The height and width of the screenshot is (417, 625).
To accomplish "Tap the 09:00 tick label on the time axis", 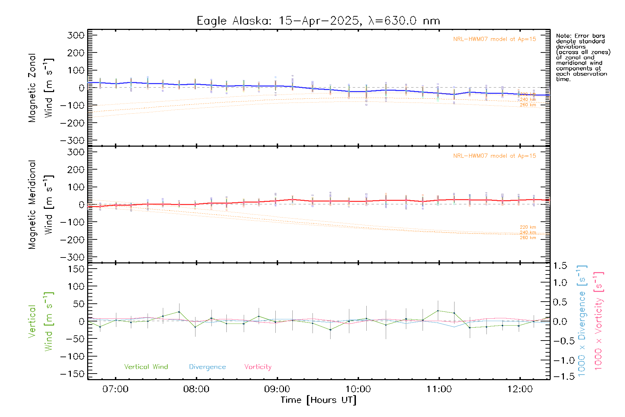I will point(277,389).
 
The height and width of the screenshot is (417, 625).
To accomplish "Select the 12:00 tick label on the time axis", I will point(520,389).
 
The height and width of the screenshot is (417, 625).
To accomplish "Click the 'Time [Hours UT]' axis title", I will point(318,400).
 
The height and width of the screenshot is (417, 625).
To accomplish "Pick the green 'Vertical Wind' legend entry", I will point(146,367).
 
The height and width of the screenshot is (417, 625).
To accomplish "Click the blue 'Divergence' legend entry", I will point(207,367).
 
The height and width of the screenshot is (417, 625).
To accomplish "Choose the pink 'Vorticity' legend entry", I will point(258,367).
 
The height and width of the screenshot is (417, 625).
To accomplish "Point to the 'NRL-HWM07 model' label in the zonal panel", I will point(494,39).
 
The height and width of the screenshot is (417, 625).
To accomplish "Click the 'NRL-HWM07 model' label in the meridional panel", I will point(494,156).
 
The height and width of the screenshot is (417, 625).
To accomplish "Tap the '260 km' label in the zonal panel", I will point(528,105).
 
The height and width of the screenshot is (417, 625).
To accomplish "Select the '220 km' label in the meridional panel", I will point(528,227).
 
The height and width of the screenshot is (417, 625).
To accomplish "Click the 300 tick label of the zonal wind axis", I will point(76,35).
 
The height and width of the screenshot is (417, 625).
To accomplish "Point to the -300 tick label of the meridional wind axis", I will point(72,257).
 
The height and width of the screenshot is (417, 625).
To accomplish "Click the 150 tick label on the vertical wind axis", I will point(76,269).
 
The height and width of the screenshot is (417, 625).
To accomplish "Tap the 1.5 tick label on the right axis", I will point(560,266).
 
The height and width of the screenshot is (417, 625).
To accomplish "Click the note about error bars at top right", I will point(583,57).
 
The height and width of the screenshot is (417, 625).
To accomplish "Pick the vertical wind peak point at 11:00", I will point(438,311).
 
